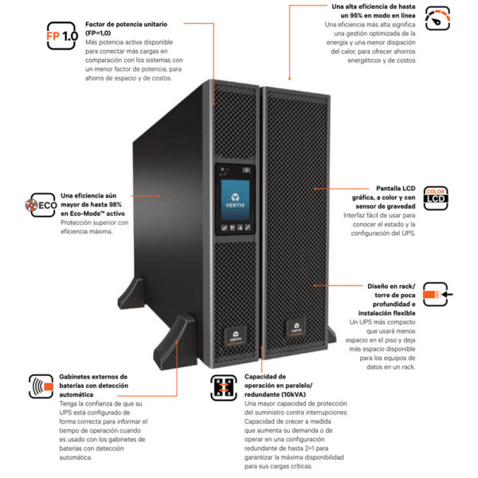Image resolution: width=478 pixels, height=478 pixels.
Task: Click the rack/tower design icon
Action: click(x=436, y=294)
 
